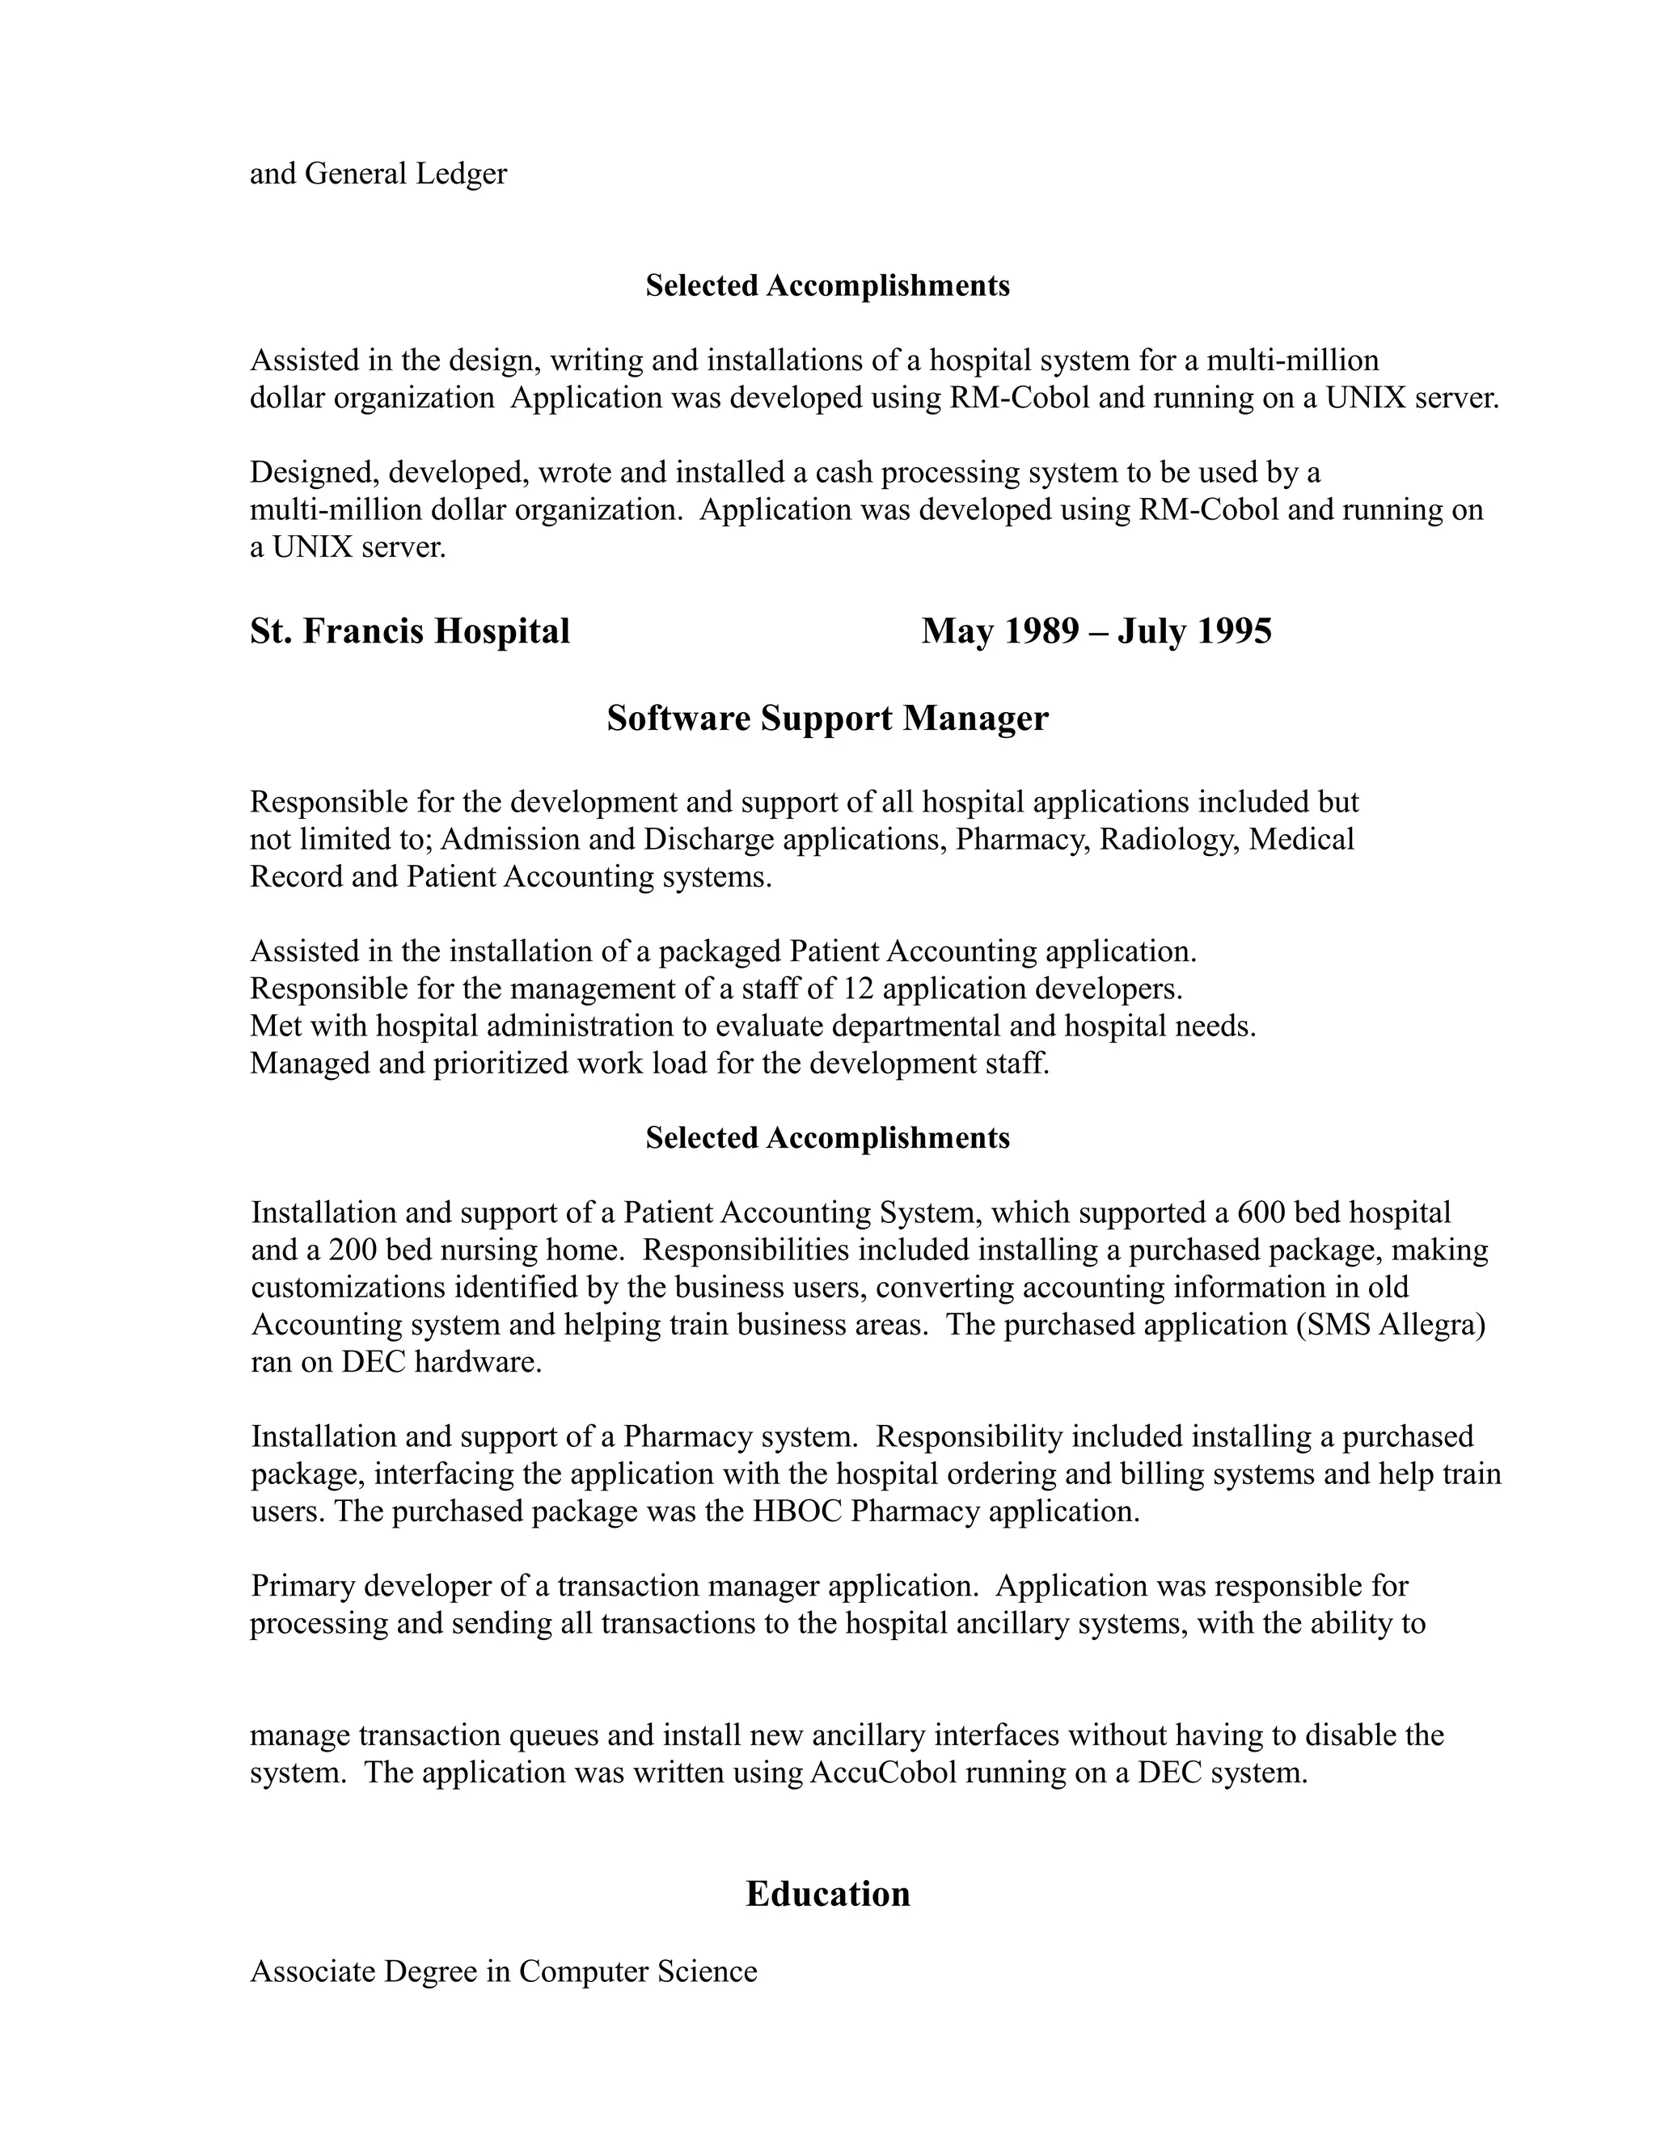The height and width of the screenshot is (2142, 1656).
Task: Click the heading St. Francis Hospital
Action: [409, 631]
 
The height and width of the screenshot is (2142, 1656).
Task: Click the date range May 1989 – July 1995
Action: [1096, 631]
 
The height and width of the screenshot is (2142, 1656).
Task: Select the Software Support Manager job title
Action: [827, 719]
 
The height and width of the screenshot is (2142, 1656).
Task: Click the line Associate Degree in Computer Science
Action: [503, 1971]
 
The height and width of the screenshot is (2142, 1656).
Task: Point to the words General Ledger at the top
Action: [406, 175]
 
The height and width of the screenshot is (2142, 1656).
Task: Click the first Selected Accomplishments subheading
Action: [827, 285]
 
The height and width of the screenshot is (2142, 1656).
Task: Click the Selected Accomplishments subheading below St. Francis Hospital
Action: [827, 1138]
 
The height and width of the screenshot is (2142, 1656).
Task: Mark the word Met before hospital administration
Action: [272, 1026]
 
